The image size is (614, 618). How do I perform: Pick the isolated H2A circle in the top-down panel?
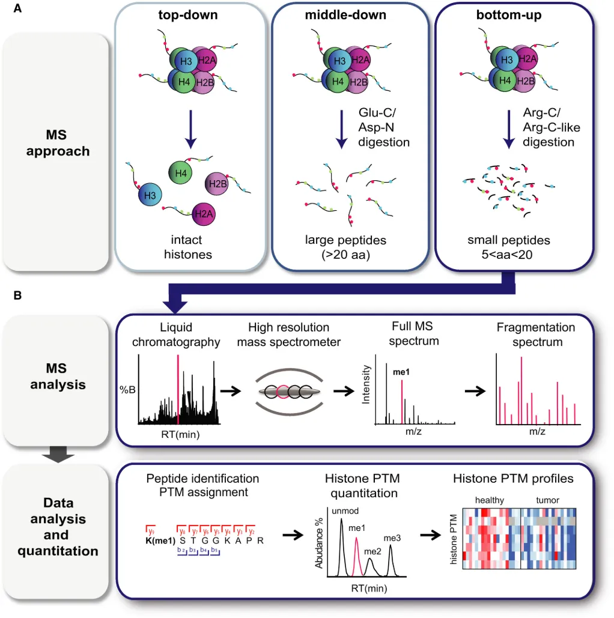click(204, 211)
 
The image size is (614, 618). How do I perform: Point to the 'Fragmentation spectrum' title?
click(536, 335)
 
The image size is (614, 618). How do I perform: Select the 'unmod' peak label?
click(342, 510)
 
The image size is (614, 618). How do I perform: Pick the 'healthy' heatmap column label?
click(489, 500)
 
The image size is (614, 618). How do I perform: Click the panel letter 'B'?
click(17, 295)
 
